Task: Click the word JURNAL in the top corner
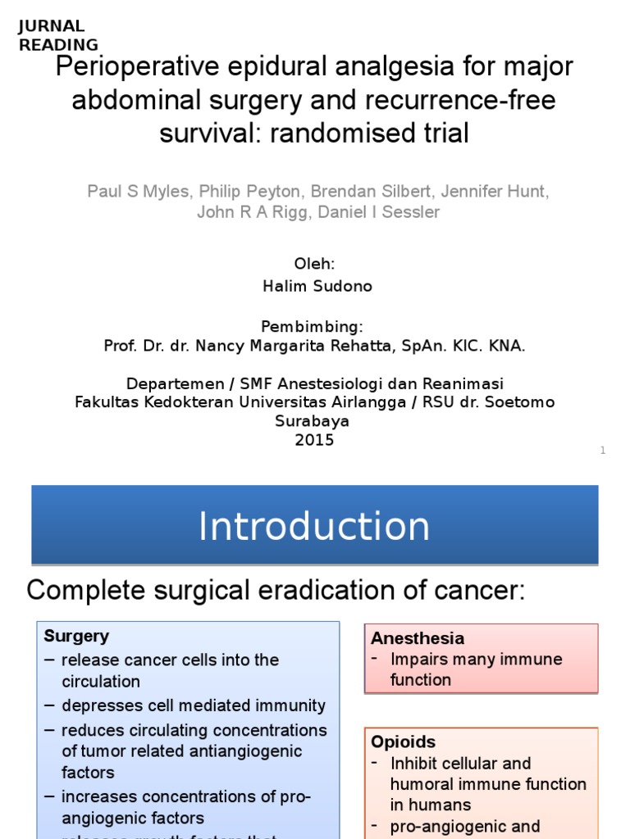pos(51,26)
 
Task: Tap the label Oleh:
pos(315,264)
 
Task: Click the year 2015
pos(315,440)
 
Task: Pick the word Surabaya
pos(315,421)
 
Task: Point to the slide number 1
pos(602,451)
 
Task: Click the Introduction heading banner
pos(314,526)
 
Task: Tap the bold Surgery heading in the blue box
pos(76,637)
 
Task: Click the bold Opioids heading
pos(403,742)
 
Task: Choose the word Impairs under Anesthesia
pos(418,660)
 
